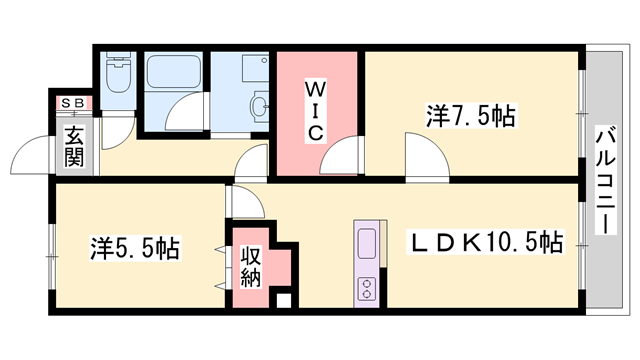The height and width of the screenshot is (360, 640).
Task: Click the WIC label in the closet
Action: pos(315,112)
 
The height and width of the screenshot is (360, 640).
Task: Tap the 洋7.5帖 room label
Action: pos(471,116)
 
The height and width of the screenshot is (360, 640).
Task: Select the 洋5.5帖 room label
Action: pos(135,248)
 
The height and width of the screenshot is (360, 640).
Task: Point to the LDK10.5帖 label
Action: pos(485,242)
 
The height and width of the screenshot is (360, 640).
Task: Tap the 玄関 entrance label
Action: pos(74,146)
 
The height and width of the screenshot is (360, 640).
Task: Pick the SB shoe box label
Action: pos(73,103)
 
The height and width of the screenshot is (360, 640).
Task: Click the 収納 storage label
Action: pos(250,267)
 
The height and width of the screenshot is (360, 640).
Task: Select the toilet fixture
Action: pos(118,72)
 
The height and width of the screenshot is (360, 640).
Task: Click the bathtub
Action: pos(173,71)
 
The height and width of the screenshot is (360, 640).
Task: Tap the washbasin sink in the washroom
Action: pos(259,106)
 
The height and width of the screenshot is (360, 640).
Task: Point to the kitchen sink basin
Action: pos(367,243)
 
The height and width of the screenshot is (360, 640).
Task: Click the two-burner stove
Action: pos(367,289)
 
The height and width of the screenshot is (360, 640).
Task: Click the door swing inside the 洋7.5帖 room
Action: pos(427,156)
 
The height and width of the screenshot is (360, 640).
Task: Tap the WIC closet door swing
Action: pos(341,156)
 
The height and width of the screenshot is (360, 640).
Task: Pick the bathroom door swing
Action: pos(184,111)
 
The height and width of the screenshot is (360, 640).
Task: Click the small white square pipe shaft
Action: pos(284,301)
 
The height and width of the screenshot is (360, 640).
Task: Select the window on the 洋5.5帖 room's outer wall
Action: pos(51,257)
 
